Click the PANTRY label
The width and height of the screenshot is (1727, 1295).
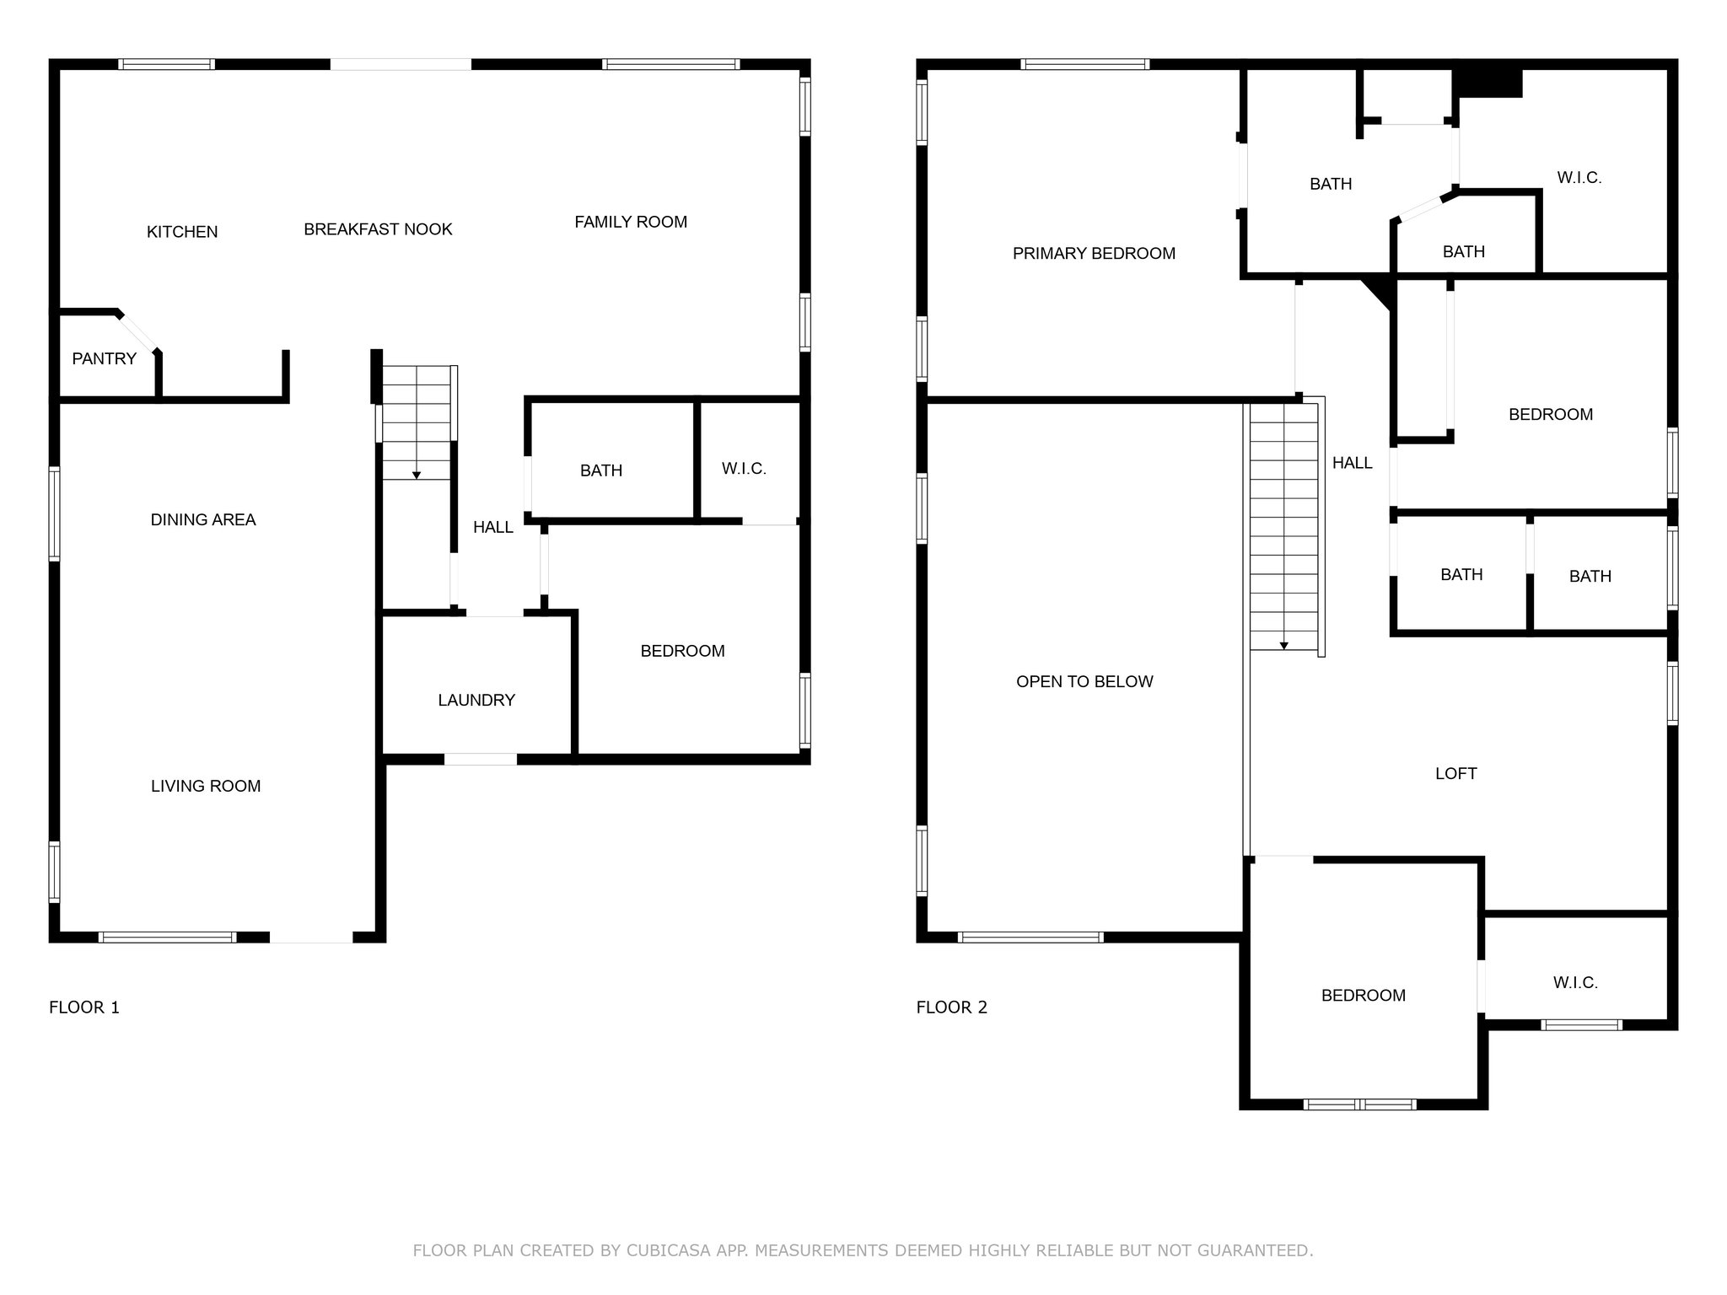pos(104,359)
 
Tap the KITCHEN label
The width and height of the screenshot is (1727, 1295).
pos(182,232)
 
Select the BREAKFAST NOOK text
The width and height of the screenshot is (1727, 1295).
pos(378,229)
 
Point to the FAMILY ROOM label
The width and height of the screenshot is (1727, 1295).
pos(631,222)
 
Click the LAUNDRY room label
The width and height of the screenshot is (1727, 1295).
pos(476,700)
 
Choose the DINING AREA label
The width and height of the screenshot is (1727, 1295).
pos(203,520)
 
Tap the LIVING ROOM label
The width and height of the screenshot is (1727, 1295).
pos(206,787)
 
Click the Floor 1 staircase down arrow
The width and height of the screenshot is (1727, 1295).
pos(417,475)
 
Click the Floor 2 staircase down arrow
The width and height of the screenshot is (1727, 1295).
pos(1284,645)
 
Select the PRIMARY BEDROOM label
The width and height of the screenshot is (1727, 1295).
pos(1094,254)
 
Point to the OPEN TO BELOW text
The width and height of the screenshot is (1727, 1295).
pos(1084,682)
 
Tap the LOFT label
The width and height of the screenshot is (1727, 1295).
pos(1455,774)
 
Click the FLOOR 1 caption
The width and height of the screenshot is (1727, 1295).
pos(84,1008)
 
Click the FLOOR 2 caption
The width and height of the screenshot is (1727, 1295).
pos(952,1008)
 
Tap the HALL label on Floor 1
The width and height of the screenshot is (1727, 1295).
pos(493,528)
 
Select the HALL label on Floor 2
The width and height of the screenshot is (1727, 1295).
pos(1353,463)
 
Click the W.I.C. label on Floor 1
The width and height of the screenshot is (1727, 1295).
pos(744,469)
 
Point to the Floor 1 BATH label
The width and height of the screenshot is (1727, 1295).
pos(601,471)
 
